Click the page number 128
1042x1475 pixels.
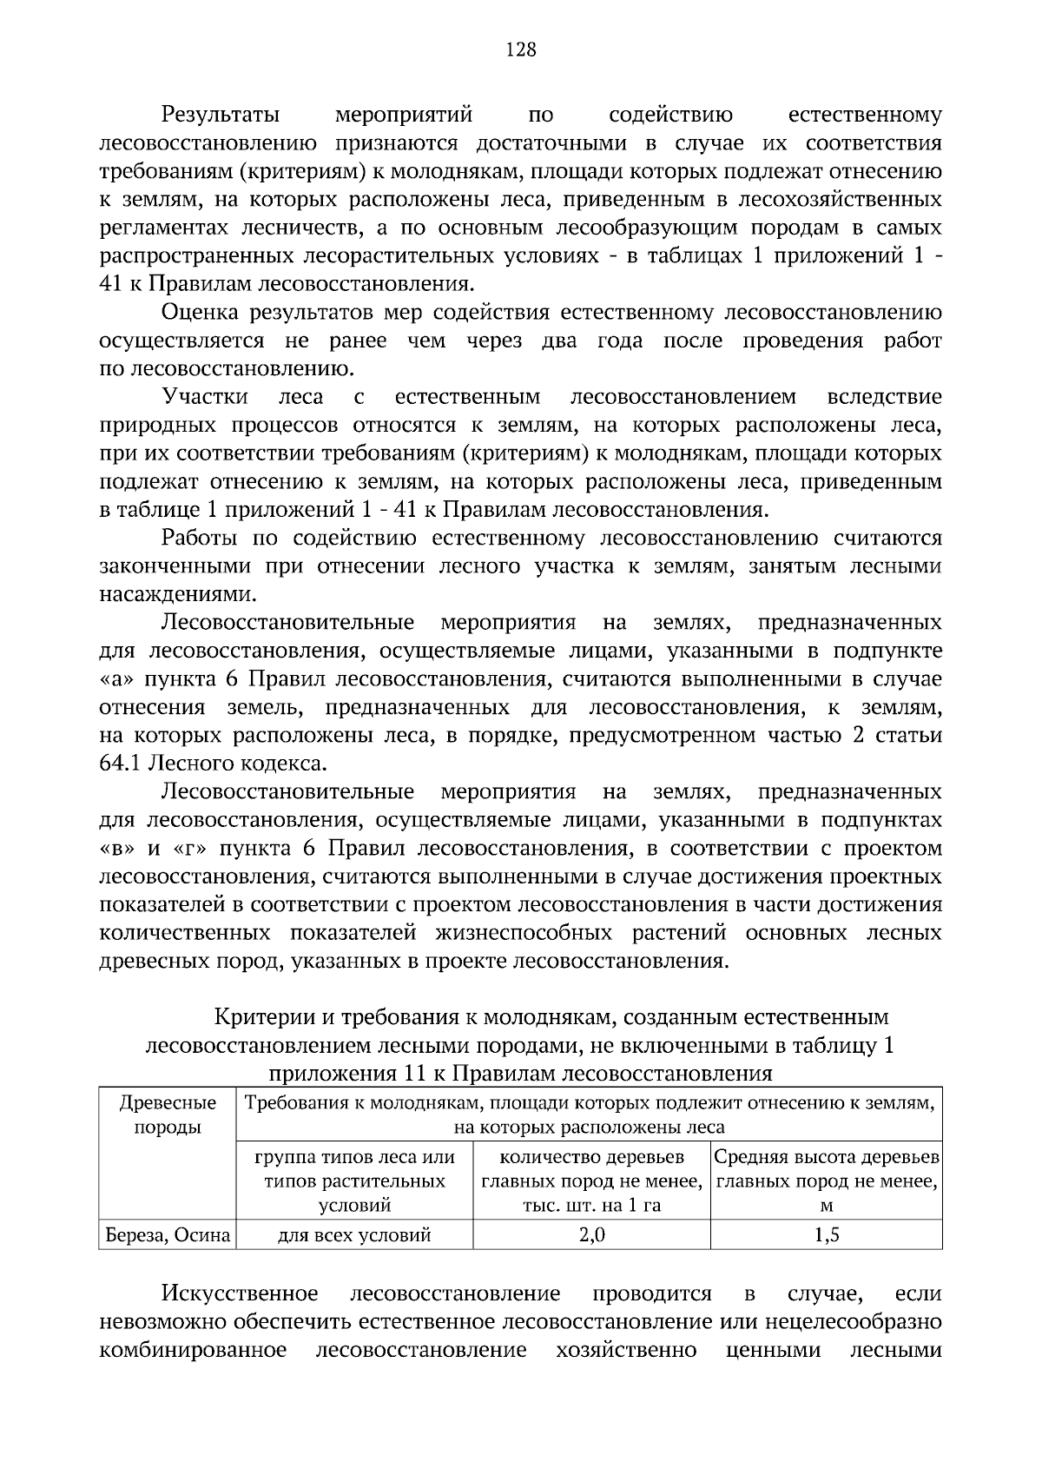[x=521, y=50]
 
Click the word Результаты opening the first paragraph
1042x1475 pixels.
[x=221, y=116]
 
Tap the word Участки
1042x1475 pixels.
[x=205, y=398]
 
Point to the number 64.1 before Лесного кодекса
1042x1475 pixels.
[x=120, y=764]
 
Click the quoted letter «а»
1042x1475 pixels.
[x=118, y=679]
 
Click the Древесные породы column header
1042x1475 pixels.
[x=168, y=1115]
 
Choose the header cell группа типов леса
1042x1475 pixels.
[x=354, y=1181]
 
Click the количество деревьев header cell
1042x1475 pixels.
[x=592, y=1181]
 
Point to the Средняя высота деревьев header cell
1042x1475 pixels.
[x=827, y=1181]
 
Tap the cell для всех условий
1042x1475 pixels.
[x=354, y=1234]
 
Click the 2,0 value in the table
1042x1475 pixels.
[x=592, y=1234]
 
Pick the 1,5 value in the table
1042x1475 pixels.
[x=827, y=1234]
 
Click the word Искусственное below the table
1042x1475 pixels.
[x=240, y=1294]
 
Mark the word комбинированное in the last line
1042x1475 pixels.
[x=193, y=1351]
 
